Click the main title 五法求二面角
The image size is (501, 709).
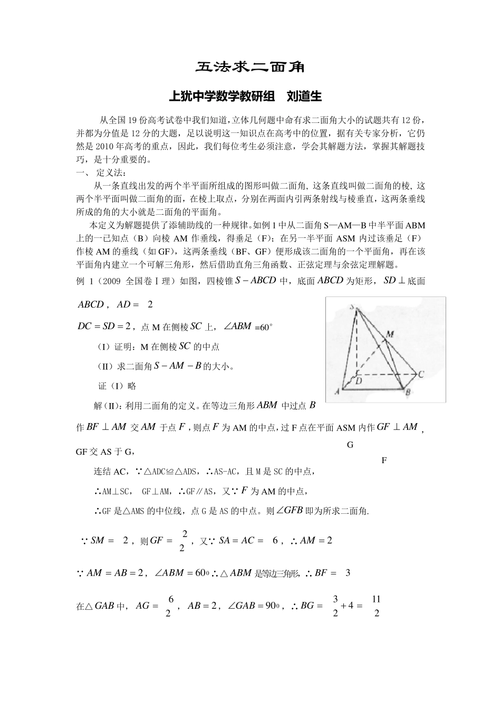(x=250, y=68)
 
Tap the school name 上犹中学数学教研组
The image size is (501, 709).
(x=221, y=97)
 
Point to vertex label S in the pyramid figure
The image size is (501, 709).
(x=352, y=306)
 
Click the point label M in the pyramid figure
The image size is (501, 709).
(x=390, y=334)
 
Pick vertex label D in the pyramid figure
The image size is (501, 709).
(x=358, y=380)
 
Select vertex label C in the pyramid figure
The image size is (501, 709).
(x=421, y=375)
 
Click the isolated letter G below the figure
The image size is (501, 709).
(x=350, y=445)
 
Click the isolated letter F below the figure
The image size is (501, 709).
(x=384, y=461)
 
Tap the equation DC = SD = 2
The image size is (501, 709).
(x=104, y=327)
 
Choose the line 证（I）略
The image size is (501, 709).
(x=117, y=386)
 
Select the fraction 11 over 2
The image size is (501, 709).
(x=376, y=606)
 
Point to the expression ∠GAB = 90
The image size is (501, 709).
(x=253, y=606)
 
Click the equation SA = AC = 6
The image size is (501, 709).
(x=248, y=540)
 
